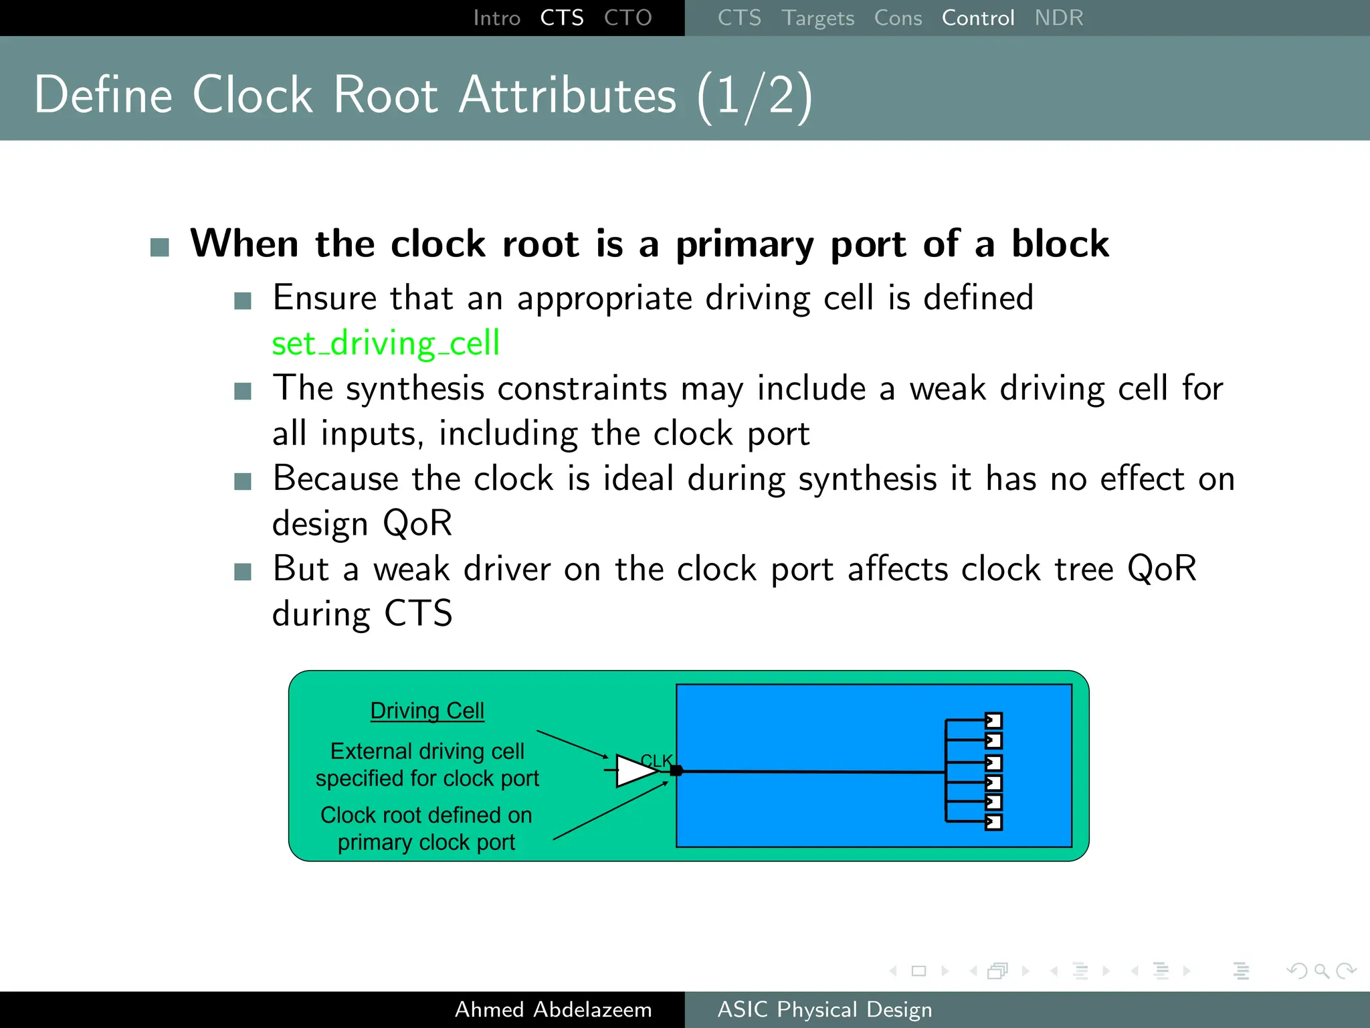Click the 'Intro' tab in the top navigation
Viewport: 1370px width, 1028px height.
496,18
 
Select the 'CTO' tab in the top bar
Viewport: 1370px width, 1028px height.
627,18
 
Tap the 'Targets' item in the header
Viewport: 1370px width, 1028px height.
817,18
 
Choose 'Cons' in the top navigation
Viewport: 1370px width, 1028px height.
898,18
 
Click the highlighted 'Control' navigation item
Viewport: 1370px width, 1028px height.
977,18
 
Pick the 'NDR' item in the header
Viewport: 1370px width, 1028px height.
1058,18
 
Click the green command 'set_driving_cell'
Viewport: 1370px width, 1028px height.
385,343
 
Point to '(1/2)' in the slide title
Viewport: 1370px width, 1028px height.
754,96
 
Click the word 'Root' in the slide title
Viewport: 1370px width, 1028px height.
385,96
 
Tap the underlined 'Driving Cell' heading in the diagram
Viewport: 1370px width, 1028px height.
427,711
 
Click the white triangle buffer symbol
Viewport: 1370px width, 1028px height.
635,771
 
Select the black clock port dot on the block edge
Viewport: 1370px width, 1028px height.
676,771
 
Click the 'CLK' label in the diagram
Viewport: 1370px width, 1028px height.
656,760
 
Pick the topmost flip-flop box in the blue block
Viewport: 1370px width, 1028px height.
993,721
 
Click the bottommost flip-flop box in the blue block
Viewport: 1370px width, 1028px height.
993,822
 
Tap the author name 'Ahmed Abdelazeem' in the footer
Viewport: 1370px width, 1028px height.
553,1009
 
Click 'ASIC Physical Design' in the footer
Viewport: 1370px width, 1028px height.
824,1009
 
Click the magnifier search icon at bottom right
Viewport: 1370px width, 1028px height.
1321,970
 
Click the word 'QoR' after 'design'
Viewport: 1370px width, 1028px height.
417,523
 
